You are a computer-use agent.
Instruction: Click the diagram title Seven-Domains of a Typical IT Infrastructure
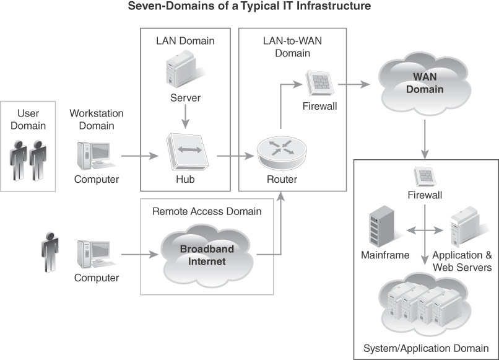coord(249,7)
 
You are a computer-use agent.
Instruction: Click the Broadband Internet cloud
coord(207,255)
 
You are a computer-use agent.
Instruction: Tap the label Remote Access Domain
coord(207,211)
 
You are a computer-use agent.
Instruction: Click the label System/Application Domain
coord(425,347)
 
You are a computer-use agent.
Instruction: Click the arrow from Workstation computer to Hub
coord(141,154)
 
